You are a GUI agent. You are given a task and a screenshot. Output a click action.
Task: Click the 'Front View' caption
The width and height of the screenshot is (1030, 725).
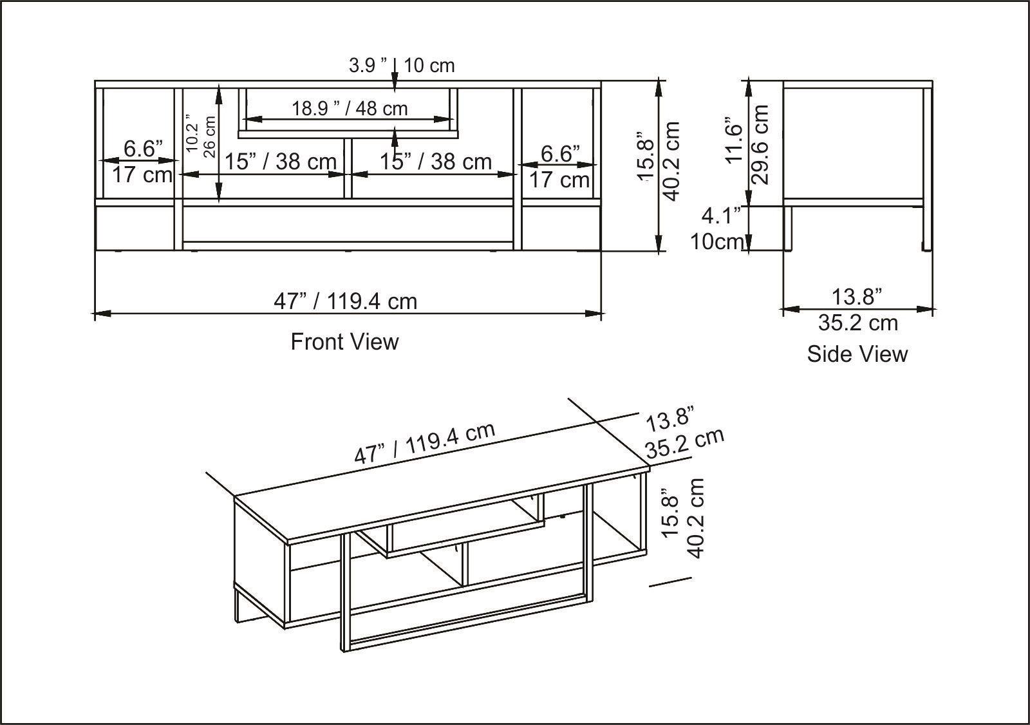(x=344, y=341)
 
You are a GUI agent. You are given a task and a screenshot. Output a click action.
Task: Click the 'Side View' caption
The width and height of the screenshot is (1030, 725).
(x=857, y=353)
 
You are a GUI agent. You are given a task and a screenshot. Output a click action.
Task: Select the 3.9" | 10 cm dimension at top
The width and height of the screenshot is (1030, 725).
(x=401, y=65)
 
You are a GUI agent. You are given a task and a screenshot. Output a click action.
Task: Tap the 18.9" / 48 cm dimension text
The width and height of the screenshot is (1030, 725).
(x=350, y=108)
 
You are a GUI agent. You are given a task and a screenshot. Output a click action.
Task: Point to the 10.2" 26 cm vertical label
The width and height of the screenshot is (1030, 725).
(x=200, y=135)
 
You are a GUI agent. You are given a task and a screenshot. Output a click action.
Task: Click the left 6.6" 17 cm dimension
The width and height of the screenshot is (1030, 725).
(x=142, y=162)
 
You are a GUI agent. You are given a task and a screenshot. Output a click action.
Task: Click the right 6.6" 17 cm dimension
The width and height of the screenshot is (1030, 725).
(x=560, y=167)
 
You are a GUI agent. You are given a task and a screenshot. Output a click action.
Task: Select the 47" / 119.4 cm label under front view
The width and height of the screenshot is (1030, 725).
(x=345, y=301)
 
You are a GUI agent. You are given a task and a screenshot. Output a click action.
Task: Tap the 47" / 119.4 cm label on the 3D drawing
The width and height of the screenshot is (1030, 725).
(x=424, y=443)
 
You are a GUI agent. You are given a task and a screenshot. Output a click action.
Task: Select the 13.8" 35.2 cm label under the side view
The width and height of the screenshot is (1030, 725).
(x=857, y=310)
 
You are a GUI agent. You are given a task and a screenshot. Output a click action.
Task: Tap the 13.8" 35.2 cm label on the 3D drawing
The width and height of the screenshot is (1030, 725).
(x=684, y=432)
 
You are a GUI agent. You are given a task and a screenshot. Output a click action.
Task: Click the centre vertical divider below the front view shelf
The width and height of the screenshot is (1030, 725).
(x=348, y=169)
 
